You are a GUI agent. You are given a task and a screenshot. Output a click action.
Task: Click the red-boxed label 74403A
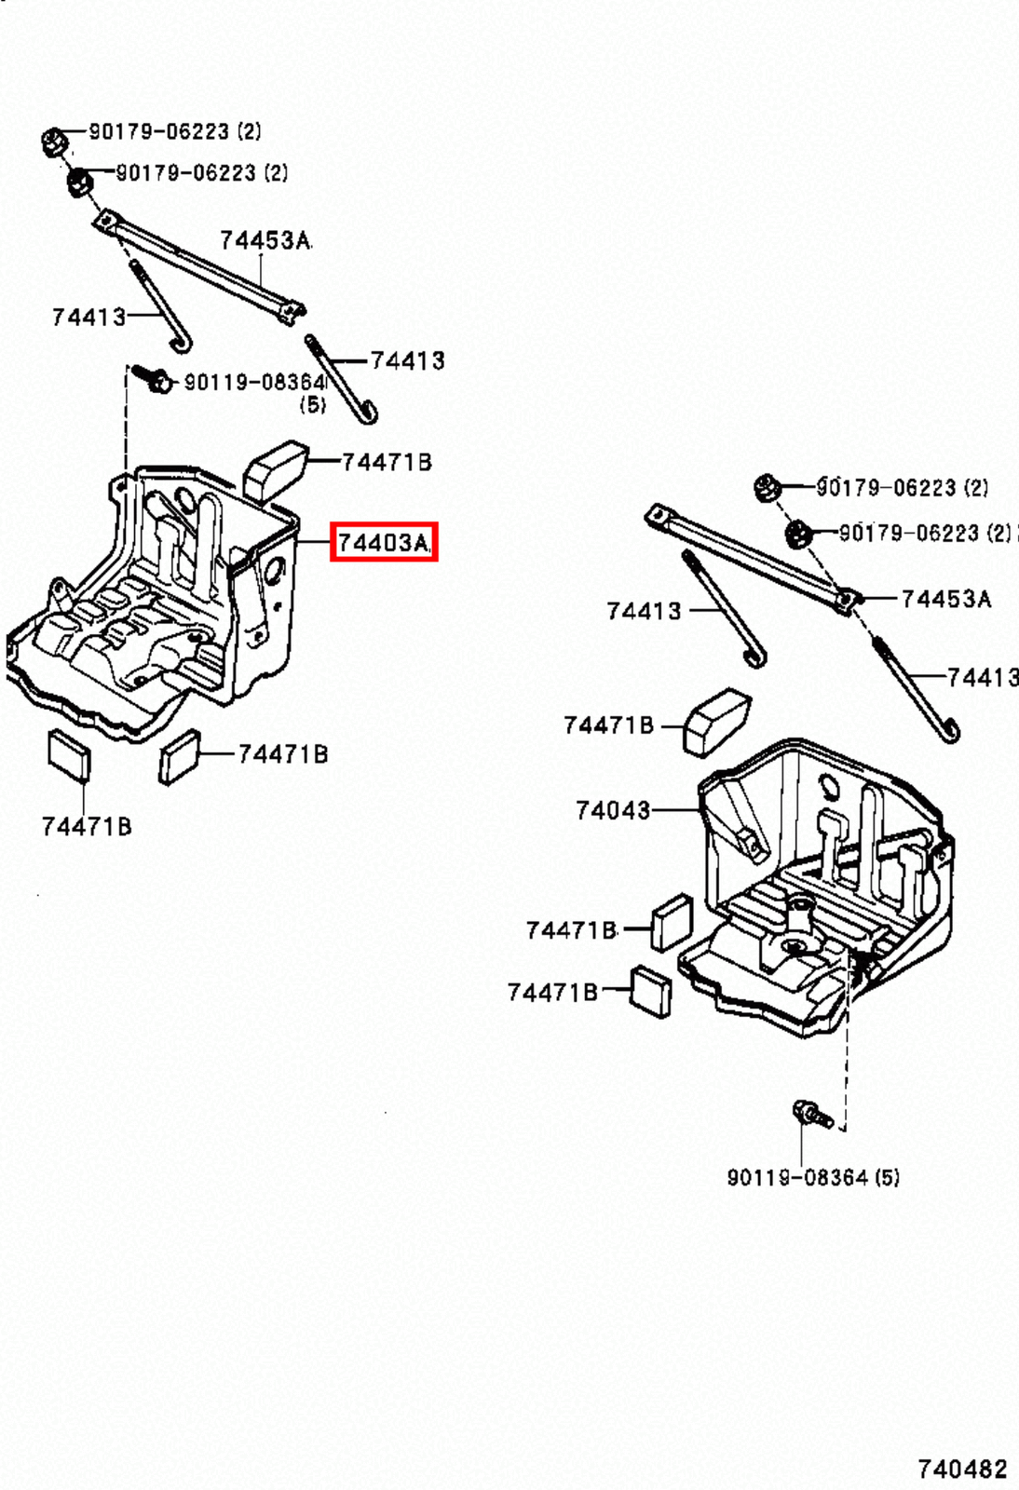tap(383, 542)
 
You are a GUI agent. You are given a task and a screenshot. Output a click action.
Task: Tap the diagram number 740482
tap(961, 1469)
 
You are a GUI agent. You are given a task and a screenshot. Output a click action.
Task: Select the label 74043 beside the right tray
tap(612, 810)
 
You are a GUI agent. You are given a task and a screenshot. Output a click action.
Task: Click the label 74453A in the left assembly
tap(265, 240)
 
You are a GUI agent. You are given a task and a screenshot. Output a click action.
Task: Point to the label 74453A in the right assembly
tap(945, 599)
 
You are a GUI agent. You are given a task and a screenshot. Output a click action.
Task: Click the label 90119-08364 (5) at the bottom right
tap(812, 1177)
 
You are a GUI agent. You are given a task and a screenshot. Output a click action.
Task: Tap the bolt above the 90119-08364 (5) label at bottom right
tap(810, 1113)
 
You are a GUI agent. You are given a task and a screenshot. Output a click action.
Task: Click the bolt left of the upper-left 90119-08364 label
tap(154, 378)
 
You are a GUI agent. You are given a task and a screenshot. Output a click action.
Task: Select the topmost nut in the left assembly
tap(53, 142)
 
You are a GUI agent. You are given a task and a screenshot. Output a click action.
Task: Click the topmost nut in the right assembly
tap(766, 486)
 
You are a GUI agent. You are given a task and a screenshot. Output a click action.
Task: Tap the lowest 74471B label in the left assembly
tap(86, 826)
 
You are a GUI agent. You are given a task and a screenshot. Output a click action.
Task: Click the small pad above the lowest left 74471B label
tap(69, 752)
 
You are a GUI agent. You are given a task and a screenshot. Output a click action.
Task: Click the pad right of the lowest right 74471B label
tap(650, 991)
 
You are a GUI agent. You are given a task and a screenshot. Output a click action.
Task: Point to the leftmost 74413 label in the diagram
tap(88, 317)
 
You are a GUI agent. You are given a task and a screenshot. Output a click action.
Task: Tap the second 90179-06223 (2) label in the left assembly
tap(201, 172)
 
